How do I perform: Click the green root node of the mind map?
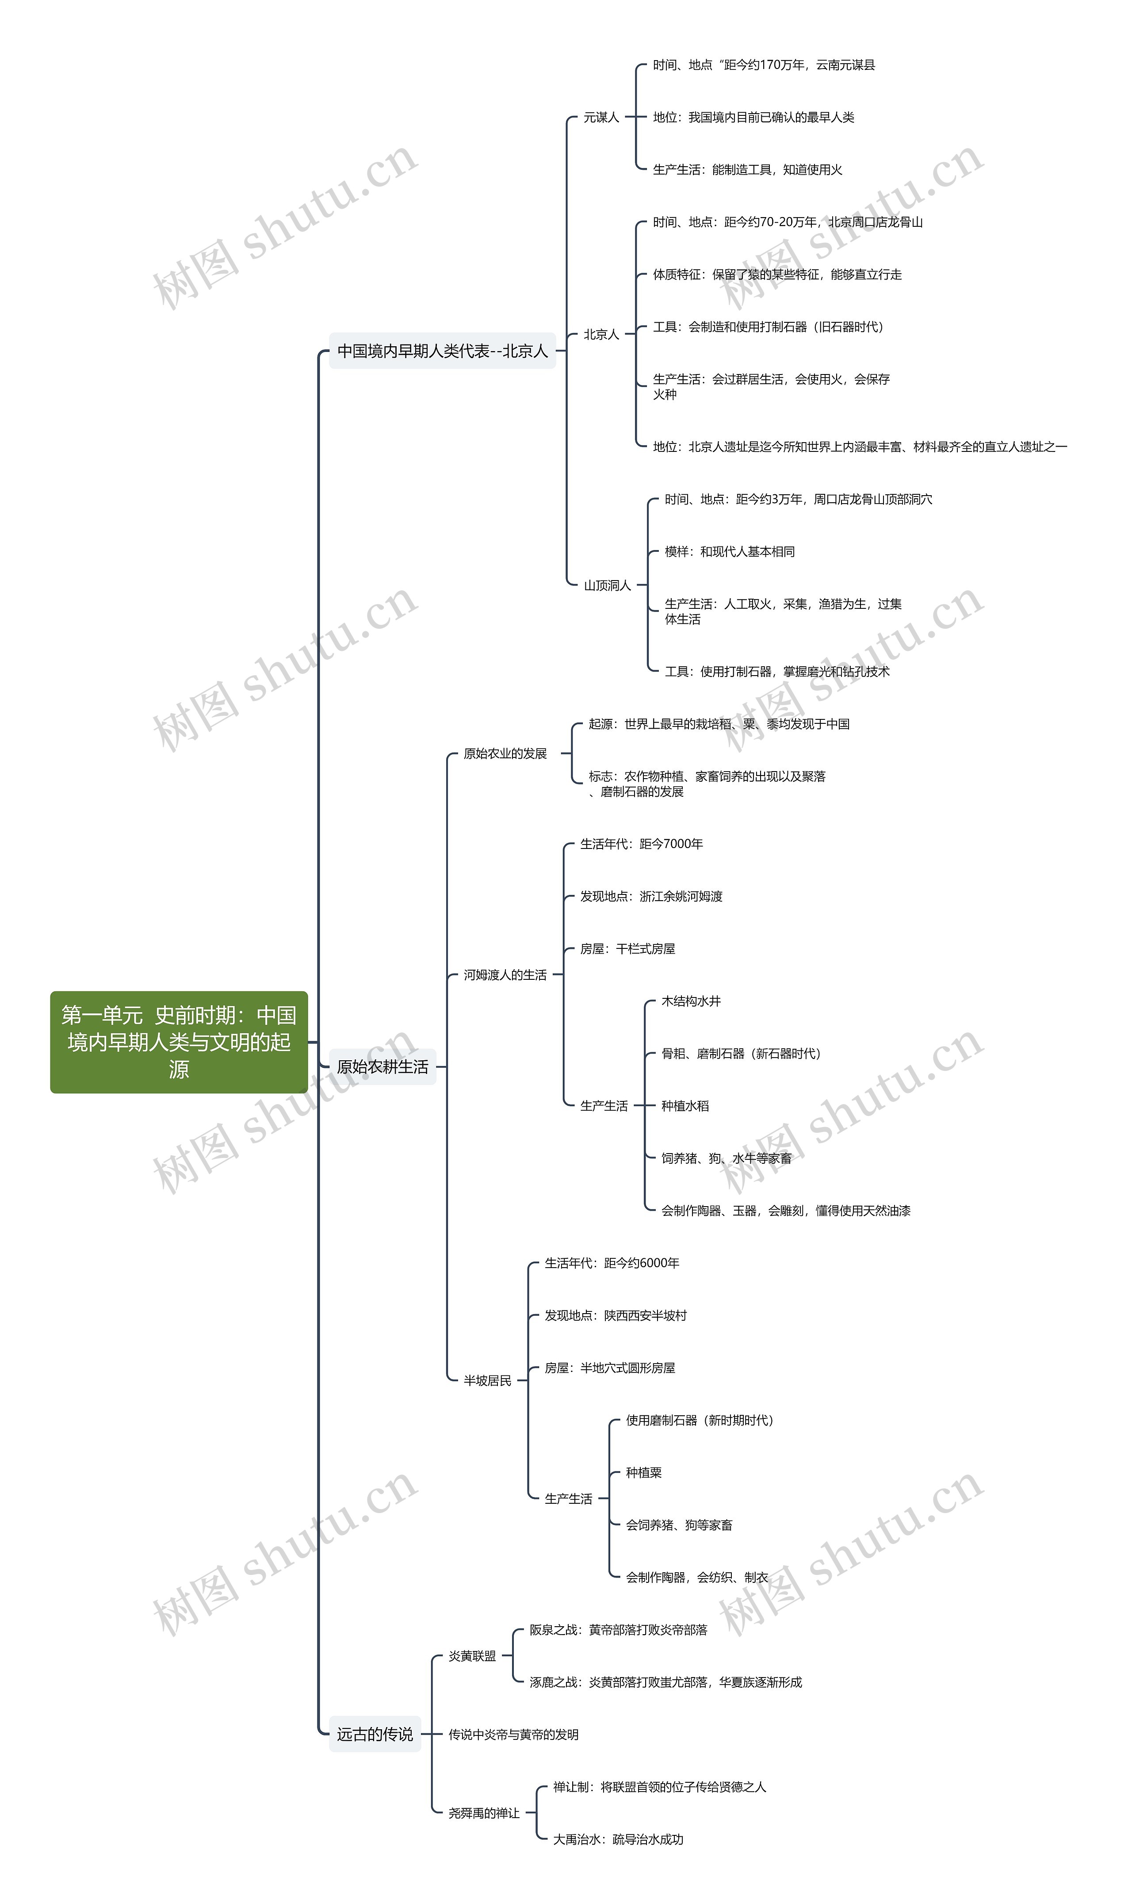tap(179, 1042)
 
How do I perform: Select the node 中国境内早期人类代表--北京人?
tap(443, 351)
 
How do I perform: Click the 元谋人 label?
tap(601, 118)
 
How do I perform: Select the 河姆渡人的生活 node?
tap(505, 975)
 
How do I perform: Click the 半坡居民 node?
tap(487, 1380)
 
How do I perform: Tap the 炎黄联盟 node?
tap(472, 1656)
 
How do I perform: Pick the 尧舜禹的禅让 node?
tap(484, 1813)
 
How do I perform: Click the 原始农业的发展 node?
tap(505, 753)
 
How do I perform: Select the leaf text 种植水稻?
tap(685, 1106)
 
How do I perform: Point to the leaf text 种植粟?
tap(644, 1473)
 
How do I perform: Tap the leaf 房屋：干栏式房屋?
tap(628, 949)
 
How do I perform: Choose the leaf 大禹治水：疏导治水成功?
tap(618, 1840)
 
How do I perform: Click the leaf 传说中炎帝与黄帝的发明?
tap(513, 1735)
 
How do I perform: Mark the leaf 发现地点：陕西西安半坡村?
tap(616, 1316)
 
